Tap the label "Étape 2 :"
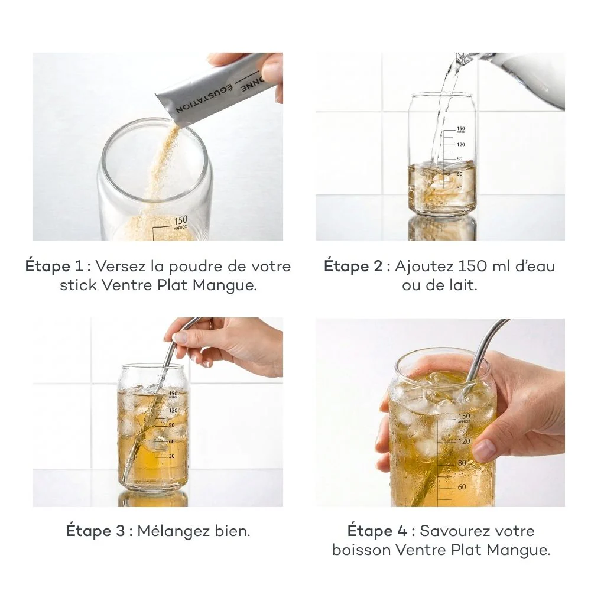357,267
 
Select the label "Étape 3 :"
99,531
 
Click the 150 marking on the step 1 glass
180,220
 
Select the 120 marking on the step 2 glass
461,144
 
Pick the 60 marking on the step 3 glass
172,441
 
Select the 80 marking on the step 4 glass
462,464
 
